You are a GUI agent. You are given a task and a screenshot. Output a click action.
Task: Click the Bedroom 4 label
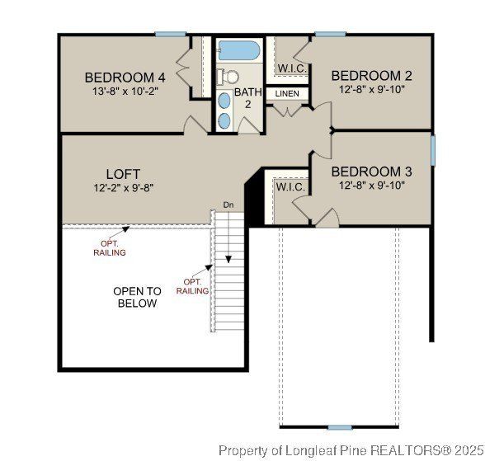point(125,78)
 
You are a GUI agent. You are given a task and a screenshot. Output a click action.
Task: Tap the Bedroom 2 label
point(371,76)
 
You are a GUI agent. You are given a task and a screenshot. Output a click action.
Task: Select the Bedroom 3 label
point(371,172)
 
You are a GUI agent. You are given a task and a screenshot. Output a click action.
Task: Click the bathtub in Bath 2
point(239,51)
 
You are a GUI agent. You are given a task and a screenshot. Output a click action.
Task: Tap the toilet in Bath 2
point(226,78)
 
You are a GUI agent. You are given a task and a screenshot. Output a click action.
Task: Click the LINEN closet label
point(286,94)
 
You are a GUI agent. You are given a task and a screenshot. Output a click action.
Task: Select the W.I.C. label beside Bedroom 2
point(293,68)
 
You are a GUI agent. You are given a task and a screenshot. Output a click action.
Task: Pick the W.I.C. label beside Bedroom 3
point(290,187)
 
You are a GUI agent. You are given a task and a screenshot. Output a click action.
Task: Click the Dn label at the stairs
point(228,205)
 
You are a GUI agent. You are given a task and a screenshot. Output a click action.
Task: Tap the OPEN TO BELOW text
point(137,297)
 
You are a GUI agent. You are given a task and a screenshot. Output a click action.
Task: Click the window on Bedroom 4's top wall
point(171,34)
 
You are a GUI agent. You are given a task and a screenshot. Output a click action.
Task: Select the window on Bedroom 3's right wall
point(432,150)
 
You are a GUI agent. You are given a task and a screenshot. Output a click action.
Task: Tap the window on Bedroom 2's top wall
point(329,34)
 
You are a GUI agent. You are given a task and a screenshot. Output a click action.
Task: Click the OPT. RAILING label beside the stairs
point(192,286)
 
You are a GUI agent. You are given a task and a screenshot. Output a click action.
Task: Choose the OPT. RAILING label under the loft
point(109,248)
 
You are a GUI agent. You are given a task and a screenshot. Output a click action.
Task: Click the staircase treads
point(230,272)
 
